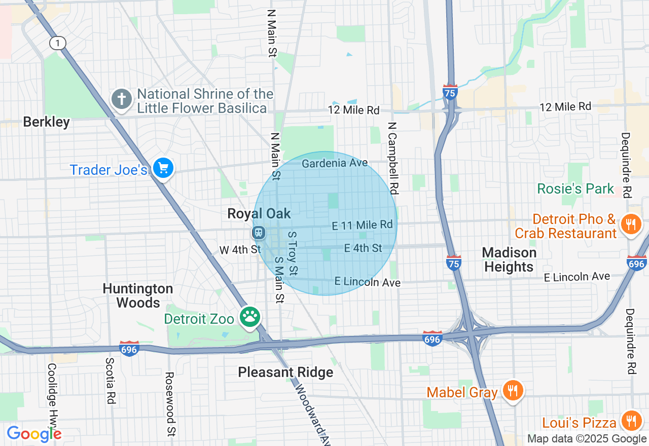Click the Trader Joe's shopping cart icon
[x=163, y=168]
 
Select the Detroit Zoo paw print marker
[x=250, y=318]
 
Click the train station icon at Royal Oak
[x=259, y=233]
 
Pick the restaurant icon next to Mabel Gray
[x=513, y=391]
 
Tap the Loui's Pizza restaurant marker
[x=631, y=421]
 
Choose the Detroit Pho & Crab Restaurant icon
[x=631, y=223]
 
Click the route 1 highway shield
[x=58, y=43]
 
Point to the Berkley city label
[x=47, y=122]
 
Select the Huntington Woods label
[x=138, y=295]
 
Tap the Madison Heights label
[x=509, y=259]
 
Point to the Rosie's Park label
[x=575, y=189]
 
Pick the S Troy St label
[x=293, y=253]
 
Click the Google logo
[x=34, y=434]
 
